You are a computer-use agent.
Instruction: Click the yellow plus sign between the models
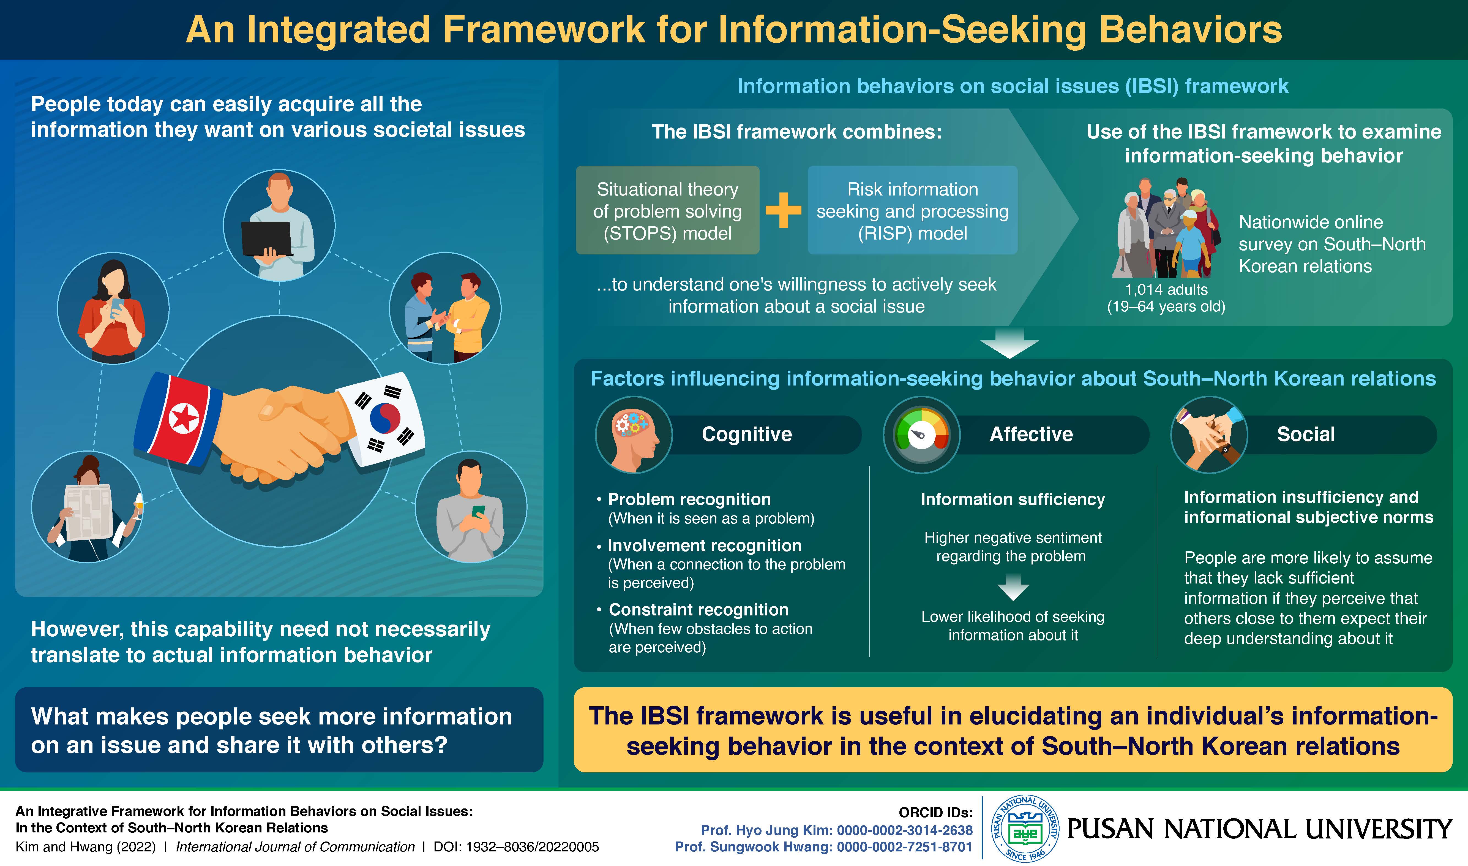point(783,210)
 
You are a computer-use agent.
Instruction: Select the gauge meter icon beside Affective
point(921,435)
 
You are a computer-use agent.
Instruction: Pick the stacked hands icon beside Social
point(1208,435)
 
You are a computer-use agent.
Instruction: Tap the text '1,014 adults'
point(1166,289)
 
